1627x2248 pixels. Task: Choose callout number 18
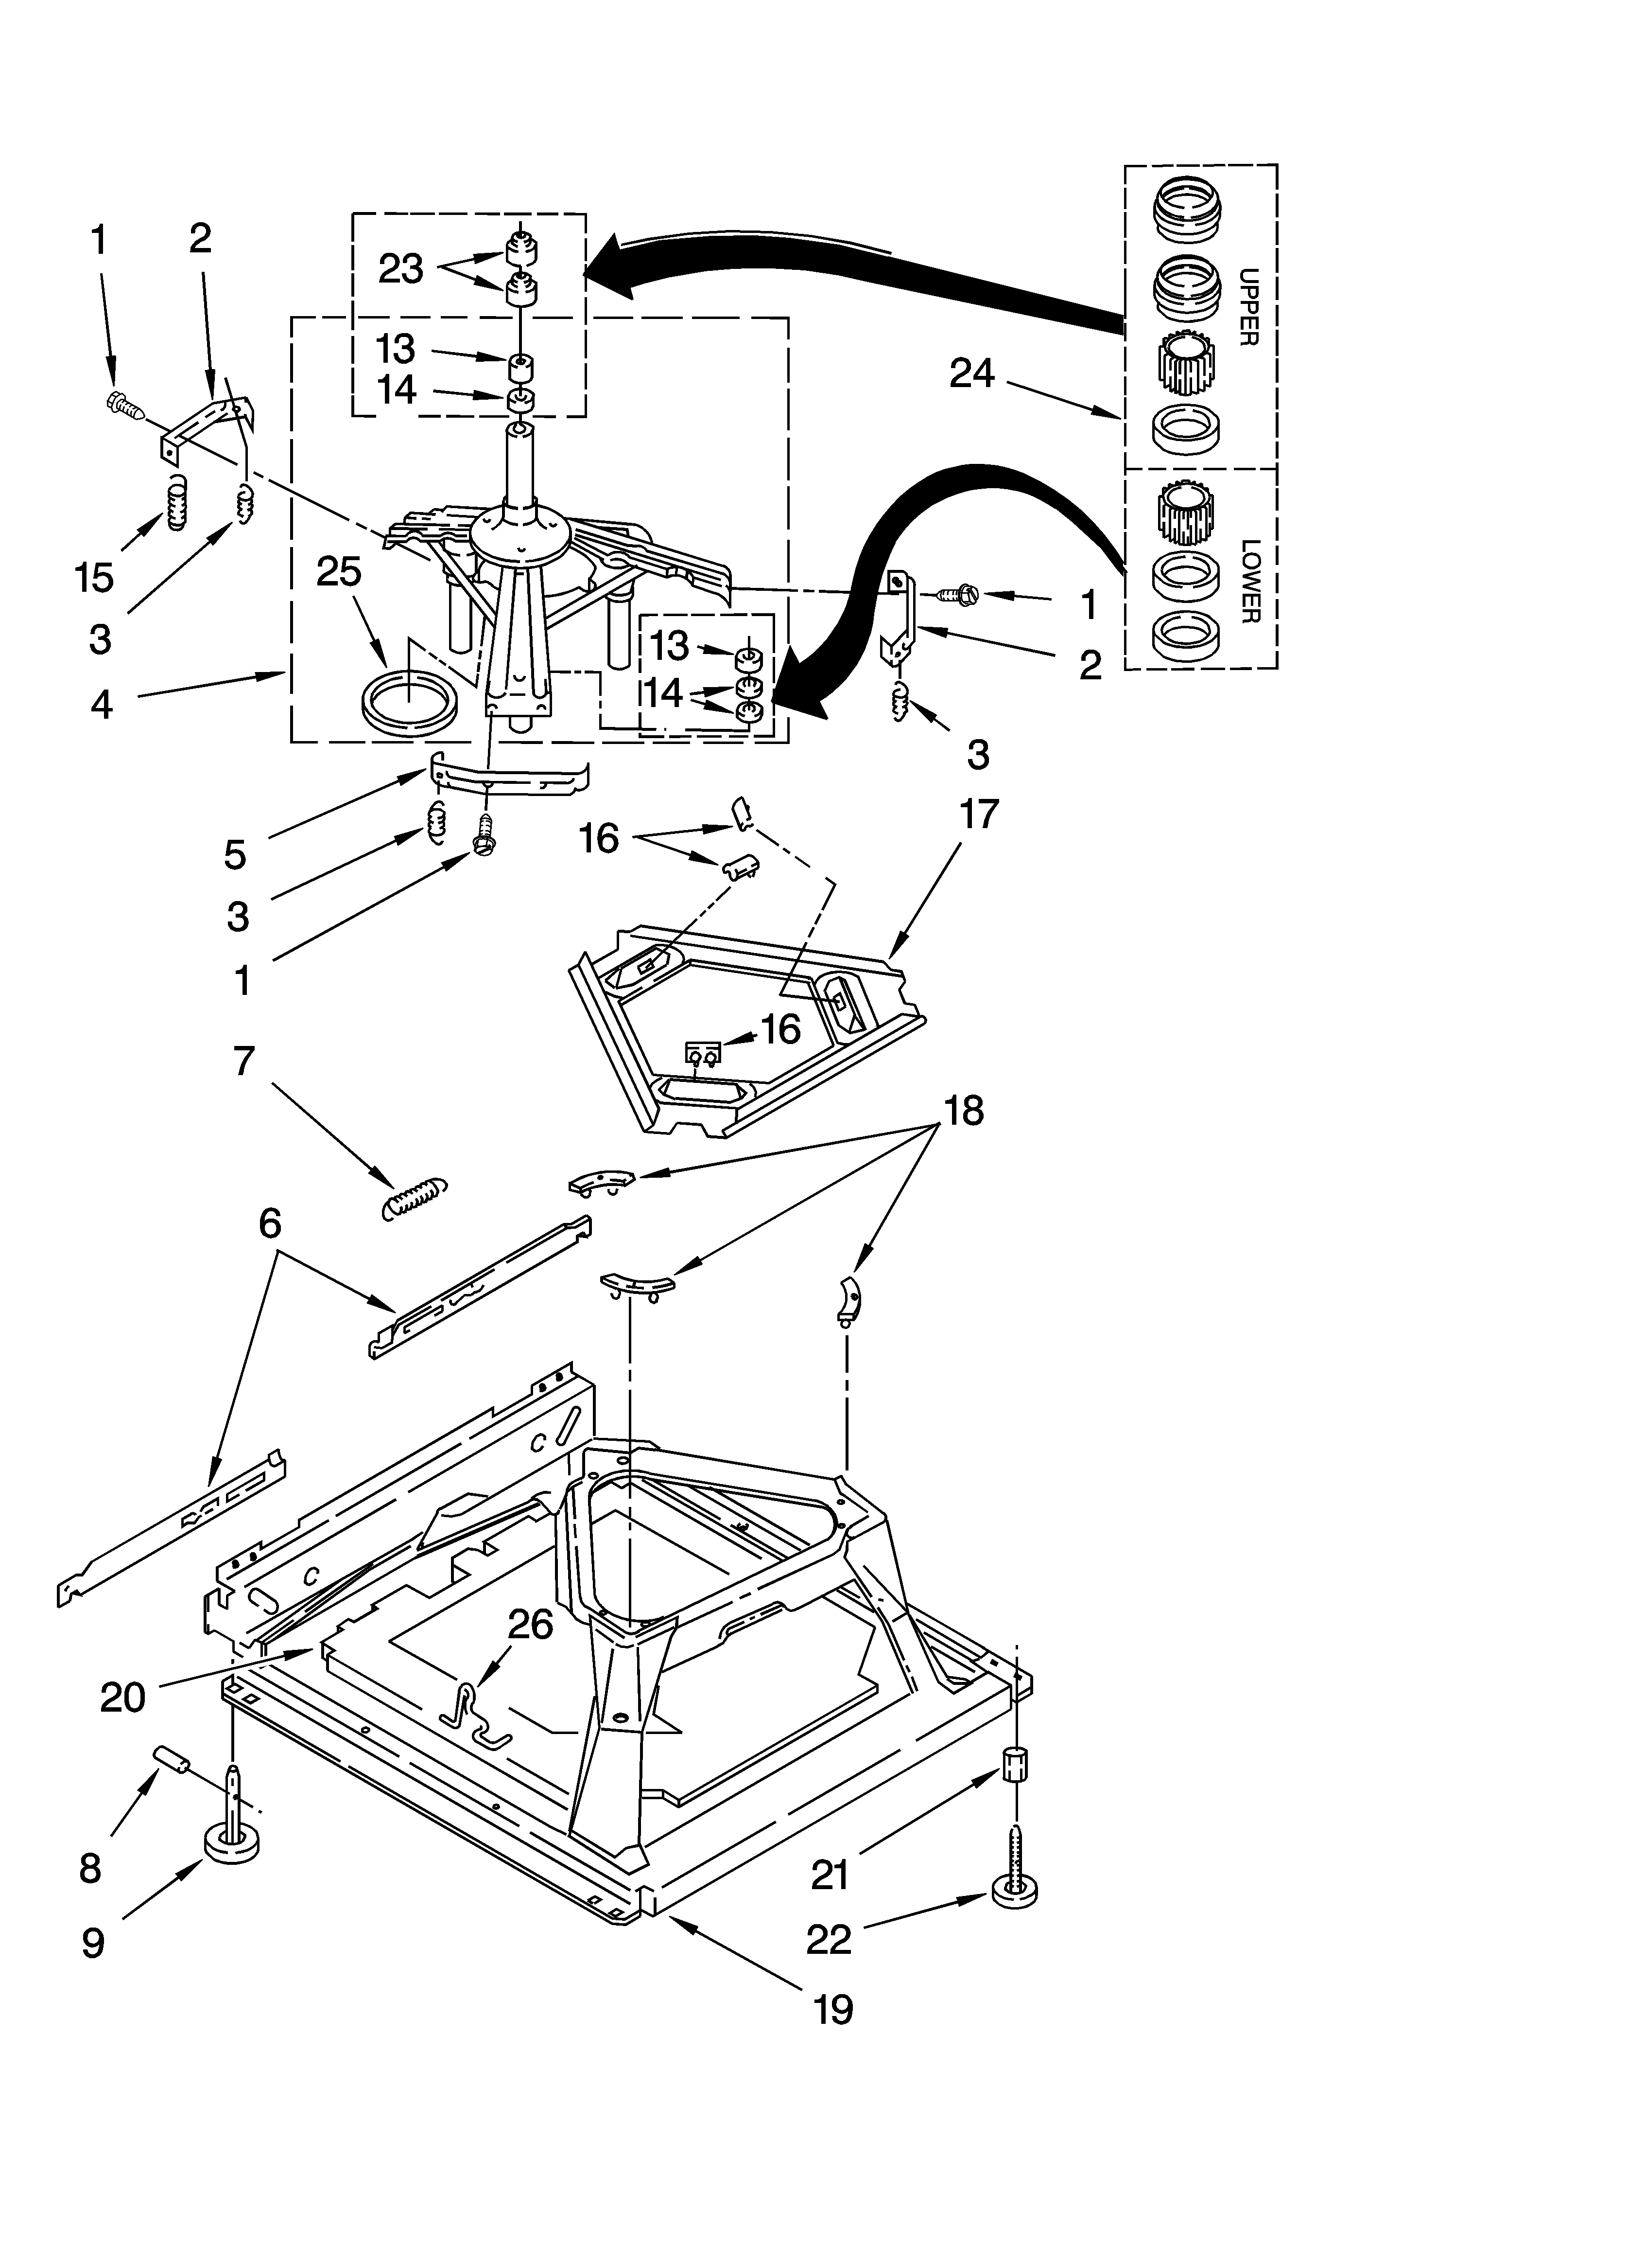click(963, 1110)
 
